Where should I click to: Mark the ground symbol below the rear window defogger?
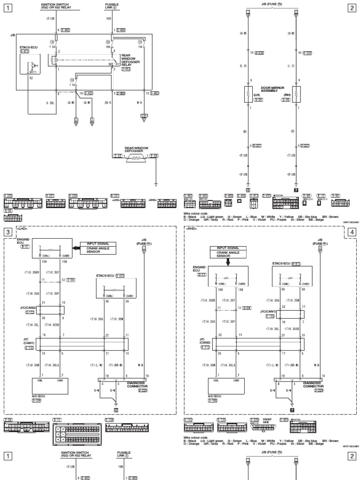(x=156, y=185)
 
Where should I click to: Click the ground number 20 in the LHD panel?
(x=116, y=409)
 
